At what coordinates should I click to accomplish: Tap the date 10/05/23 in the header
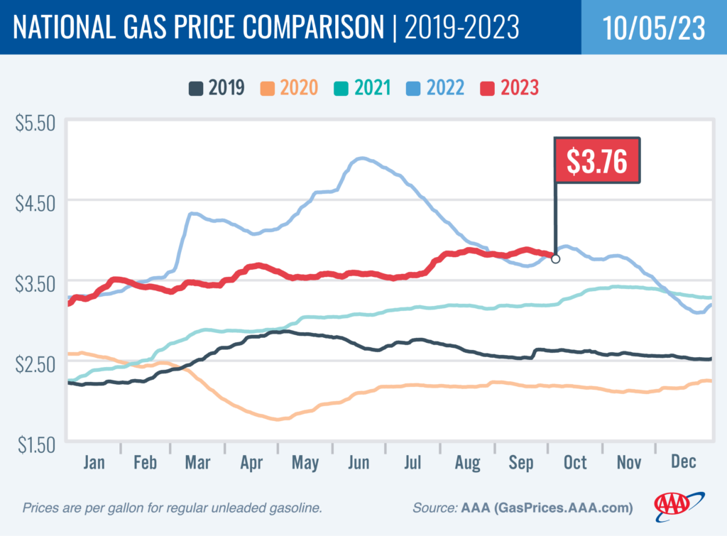click(653, 28)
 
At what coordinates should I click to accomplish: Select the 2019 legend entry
click(217, 88)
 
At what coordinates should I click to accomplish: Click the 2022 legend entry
click(437, 88)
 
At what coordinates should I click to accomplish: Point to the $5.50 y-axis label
click(35, 122)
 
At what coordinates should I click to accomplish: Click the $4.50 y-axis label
click(35, 202)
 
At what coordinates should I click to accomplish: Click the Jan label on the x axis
click(94, 462)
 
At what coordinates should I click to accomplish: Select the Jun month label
click(359, 462)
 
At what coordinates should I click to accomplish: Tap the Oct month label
click(575, 462)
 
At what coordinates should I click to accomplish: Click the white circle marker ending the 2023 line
click(555, 259)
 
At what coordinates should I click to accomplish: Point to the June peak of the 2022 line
click(362, 158)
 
